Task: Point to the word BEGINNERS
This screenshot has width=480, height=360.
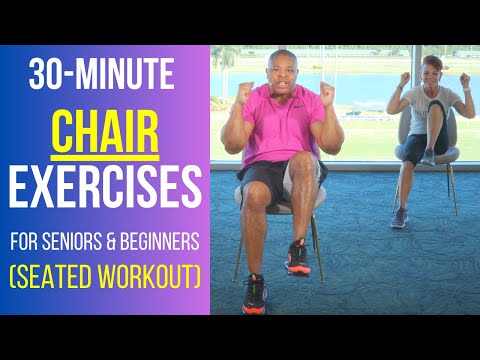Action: [x=160, y=241]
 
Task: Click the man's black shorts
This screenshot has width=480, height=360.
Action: [x=255, y=180]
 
